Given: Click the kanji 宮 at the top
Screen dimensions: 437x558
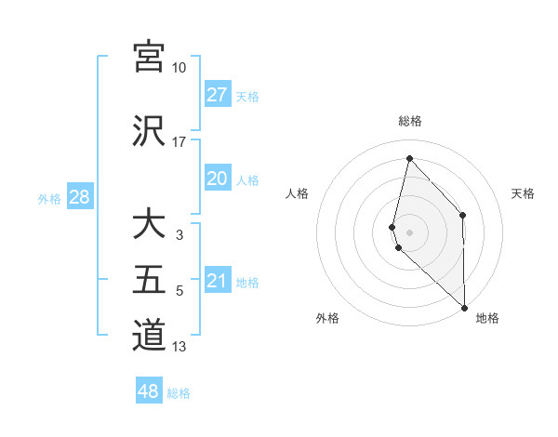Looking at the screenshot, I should (x=149, y=56).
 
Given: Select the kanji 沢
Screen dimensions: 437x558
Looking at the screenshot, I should (x=149, y=130).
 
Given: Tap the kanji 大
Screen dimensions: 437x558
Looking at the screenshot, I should (x=149, y=225).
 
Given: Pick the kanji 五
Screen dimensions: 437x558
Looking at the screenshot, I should (x=149, y=280).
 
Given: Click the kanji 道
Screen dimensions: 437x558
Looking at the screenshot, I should (x=149, y=335).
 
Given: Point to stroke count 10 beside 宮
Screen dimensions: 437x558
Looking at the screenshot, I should (x=179, y=68).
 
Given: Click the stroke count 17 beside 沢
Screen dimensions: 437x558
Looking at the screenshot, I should (x=179, y=142).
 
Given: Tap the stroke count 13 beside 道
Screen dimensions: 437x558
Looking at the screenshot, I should (x=179, y=347).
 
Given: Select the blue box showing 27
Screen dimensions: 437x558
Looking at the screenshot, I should (x=218, y=95).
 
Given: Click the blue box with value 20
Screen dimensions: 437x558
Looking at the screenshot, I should (x=218, y=179).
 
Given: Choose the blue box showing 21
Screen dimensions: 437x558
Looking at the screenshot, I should (x=218, y=281).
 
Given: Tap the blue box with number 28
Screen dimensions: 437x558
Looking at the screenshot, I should (x=79, y=197).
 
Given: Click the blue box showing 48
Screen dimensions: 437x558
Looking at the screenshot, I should (x=149, y=391).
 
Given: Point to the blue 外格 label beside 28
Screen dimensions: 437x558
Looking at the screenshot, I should (x=49, y=198).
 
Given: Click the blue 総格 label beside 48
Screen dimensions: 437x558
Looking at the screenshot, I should (x=179, y=393).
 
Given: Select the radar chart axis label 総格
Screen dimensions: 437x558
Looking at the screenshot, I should (x=410, y=121).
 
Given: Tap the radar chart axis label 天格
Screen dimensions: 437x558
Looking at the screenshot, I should (x=523, y=193).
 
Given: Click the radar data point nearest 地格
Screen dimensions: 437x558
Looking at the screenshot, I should (x=464, y=306).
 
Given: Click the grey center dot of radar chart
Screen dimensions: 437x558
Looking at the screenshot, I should (x=410, y=231).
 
